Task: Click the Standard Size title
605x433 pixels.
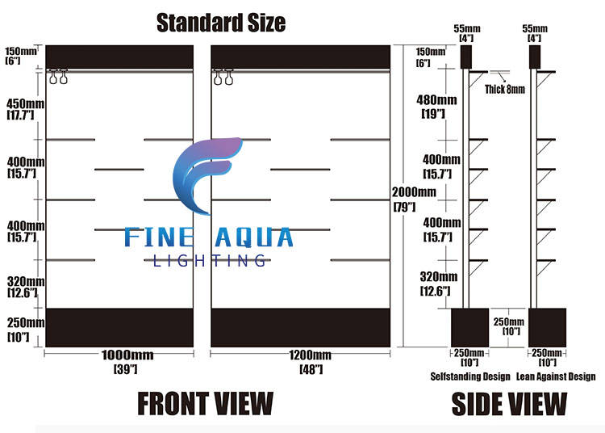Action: (220, 22)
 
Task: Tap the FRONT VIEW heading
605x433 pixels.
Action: (205, 402)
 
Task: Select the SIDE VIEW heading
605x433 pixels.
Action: (508, 402)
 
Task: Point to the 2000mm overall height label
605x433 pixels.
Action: (414, 192)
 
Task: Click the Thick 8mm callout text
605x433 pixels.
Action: (505, 90)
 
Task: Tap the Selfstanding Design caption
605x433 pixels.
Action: (471, 376)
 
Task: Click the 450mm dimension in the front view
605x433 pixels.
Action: (24, 103)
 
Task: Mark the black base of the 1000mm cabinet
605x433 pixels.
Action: (119, 327)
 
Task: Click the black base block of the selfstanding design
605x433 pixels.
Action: (469, 327)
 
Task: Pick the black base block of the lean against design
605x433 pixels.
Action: (547, 327)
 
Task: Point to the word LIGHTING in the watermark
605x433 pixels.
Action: (210, 260)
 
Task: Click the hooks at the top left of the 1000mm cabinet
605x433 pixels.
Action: (58, 78)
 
